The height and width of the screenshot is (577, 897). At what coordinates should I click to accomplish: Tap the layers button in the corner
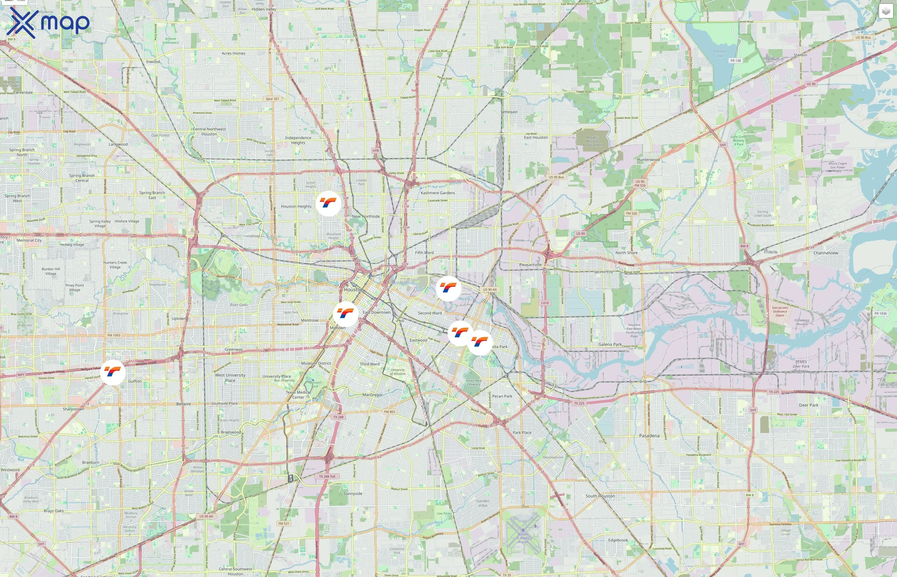(886, 11)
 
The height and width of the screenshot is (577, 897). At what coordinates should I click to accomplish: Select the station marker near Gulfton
(113, 372)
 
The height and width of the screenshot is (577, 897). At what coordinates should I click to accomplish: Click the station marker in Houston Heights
(328, 204)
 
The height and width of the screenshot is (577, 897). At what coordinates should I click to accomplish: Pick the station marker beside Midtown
(345, 314)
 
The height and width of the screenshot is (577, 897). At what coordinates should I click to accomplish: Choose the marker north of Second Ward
(448, 288)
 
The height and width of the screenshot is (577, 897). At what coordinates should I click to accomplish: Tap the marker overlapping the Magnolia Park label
(480, 342)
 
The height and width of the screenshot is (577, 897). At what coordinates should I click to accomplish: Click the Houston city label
(353, 290)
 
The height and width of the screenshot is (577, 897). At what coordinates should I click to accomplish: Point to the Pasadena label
(649, 436)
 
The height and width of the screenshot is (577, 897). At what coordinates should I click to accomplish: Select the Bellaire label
(184, 404)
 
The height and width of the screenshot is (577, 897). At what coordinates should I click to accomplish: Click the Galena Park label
(610, 344)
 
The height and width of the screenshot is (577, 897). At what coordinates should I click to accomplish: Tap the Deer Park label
(809, 405)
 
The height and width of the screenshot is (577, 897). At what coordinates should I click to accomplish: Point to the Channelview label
(826, 253)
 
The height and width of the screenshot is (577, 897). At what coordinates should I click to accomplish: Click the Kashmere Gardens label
(438, 193)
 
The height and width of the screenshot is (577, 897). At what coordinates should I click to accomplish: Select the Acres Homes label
(233, 54)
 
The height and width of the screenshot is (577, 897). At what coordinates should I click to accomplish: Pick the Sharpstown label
(73, 409)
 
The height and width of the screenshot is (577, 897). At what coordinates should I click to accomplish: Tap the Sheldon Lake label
(720, 54)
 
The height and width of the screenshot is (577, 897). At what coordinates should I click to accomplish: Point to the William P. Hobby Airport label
(523, 538)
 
